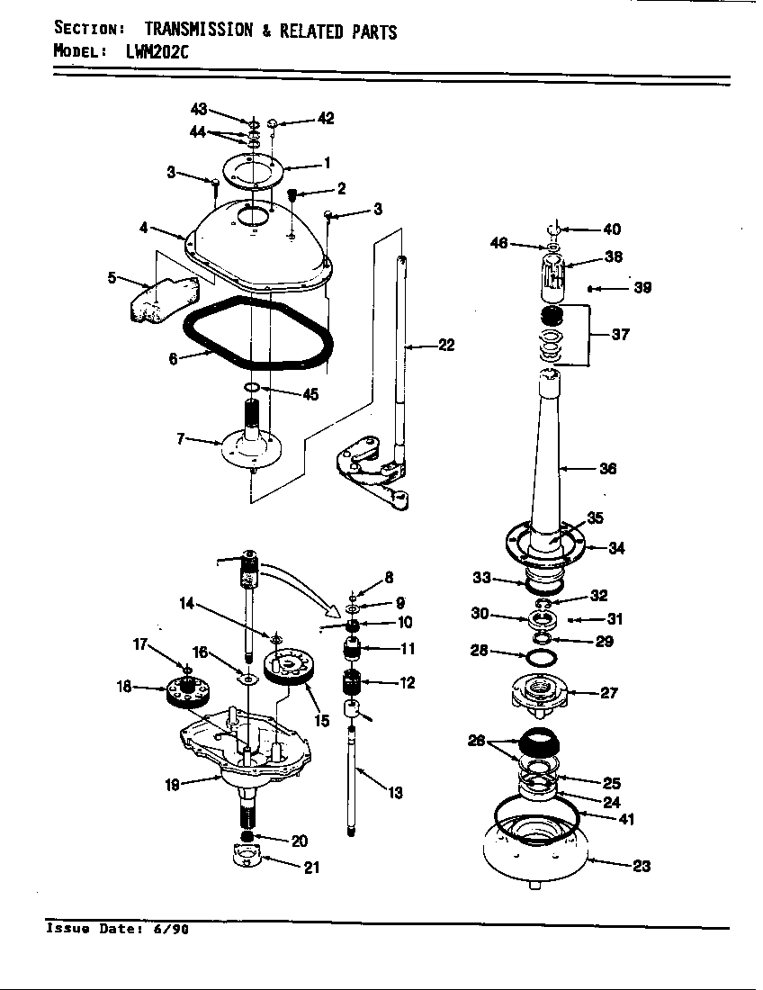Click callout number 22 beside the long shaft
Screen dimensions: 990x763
pos(446,345)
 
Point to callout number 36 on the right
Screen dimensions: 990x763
pos(607,468)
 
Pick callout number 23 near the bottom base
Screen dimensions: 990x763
pos(642,867)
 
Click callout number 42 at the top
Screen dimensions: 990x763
pos(325,118)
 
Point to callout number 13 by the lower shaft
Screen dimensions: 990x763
pos(395,793)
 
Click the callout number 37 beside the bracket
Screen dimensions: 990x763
pos(619,335)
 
